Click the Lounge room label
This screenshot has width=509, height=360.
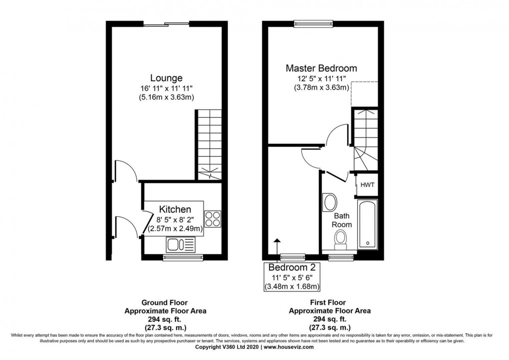point(166,78)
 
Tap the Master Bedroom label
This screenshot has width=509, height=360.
point(321,68)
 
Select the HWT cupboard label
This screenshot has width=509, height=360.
point(367,185)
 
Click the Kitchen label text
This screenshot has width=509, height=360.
point(175,209)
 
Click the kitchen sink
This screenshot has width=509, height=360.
point(181,245)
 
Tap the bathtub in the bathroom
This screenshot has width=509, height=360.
point(367,225)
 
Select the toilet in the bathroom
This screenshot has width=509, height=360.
point(341,240)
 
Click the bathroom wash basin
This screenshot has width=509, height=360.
point(330,202)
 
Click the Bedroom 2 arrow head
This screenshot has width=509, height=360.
point(276,241)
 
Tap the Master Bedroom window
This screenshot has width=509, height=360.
point(313,23)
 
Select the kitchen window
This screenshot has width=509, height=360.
point(183,258)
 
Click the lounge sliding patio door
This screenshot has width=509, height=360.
point(166,23)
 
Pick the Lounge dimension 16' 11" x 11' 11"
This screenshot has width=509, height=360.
point(167,88)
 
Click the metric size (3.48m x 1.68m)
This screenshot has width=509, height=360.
point(292,287)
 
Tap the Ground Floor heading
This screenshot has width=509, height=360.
point(165,303)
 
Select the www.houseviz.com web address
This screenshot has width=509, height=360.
point(288,347)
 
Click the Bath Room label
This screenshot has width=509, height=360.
point(342,220)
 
